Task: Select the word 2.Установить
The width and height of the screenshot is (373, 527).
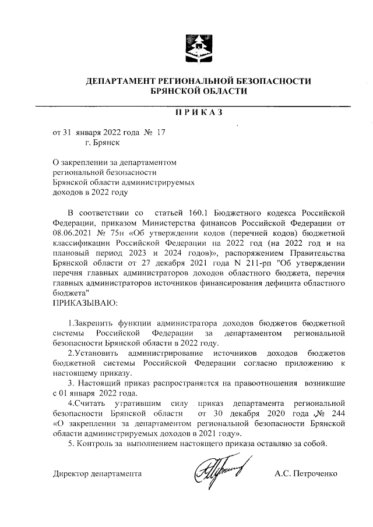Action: [x=92, y=353]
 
